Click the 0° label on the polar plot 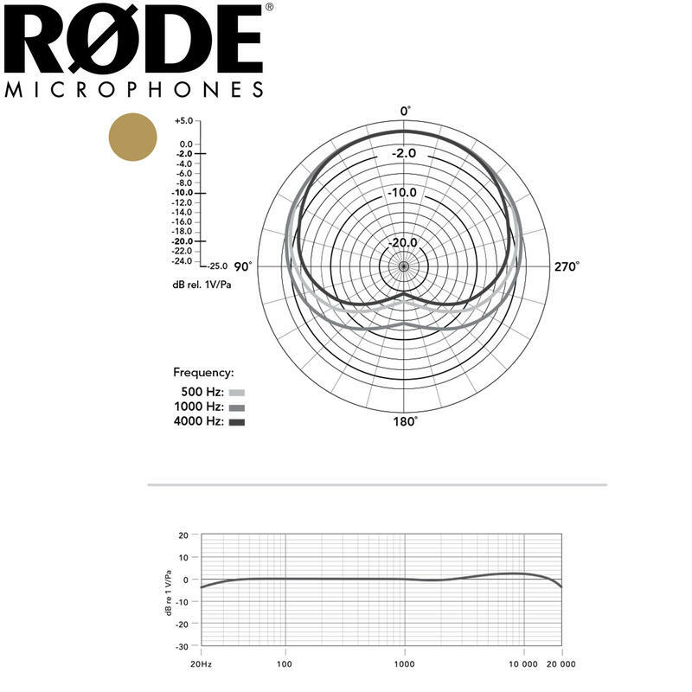click(405, 112)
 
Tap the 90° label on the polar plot click(243, 266)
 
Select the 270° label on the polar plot click(567, 266)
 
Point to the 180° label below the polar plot click(405, 421)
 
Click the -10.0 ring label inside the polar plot click(402, 192)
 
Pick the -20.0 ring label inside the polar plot click(402, 242)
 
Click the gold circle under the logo click(133, 137)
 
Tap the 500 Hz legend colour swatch click(237, 393)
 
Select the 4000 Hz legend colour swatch click(237, 422)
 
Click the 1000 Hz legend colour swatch click(237, 407)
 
